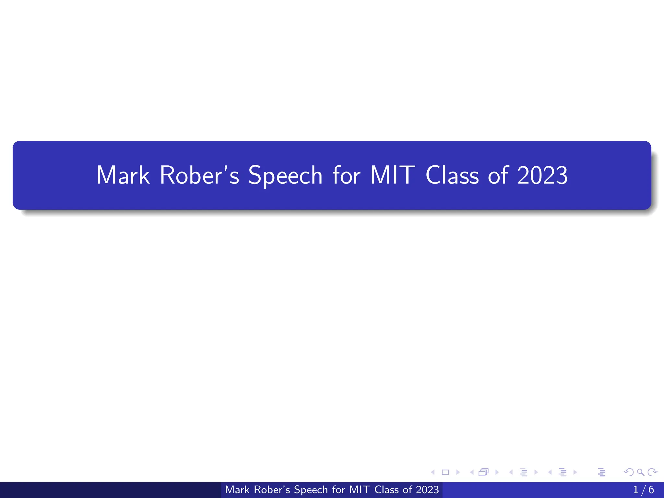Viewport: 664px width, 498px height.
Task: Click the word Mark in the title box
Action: pos(123,175)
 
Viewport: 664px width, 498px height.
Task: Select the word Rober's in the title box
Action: pos(199,175)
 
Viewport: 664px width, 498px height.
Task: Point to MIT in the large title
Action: pos(393,175)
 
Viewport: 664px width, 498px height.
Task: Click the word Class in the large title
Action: pos(452,175)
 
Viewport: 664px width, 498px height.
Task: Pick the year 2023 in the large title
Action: pos(542,175)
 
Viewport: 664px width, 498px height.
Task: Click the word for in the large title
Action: pos(346,175)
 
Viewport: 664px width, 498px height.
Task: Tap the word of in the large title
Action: pos(498,175)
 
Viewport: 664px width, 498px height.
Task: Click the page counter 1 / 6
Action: pos(644,490)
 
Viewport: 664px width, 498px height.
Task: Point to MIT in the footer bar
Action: pos(360,490)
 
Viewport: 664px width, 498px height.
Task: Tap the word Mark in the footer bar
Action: pos(237,490)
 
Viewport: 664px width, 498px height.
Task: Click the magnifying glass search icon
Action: pos(640,472)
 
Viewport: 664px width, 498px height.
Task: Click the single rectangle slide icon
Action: pos(445,472)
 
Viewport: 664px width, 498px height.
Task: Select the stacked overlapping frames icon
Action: pos(483,472)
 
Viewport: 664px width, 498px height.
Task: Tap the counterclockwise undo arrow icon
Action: pos(629,472)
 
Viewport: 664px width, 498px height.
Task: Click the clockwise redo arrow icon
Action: pos(652,472)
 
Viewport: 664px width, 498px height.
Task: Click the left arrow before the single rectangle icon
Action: pos(433,472)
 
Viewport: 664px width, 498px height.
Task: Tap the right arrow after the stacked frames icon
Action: pos(497,472)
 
